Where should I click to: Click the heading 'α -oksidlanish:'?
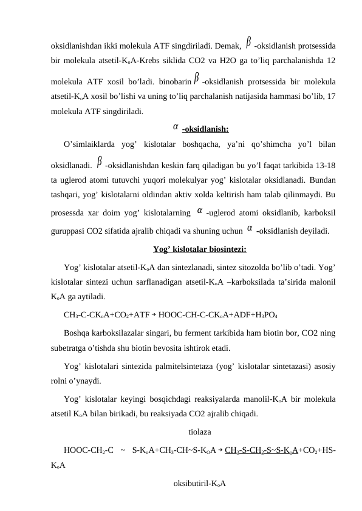200,129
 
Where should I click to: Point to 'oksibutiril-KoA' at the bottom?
200,483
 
